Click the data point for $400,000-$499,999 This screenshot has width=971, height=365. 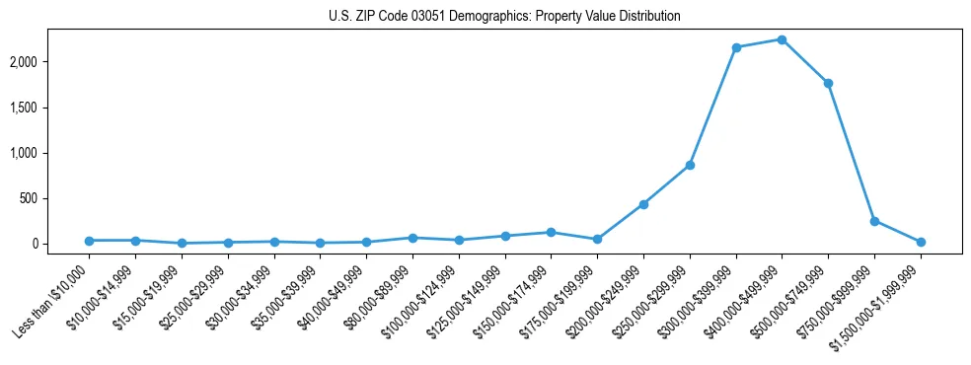click(782, 39)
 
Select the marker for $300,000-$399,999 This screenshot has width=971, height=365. click(736, 47)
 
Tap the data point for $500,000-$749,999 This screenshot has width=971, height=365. click(828, 83)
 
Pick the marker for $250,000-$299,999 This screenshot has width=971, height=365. click(690, 165)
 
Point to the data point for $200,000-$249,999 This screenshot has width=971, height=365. click(643, 204)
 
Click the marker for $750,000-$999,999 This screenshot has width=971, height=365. click(874, 221)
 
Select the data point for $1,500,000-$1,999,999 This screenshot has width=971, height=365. click(921, 242)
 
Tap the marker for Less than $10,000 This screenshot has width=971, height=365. click(89, 241)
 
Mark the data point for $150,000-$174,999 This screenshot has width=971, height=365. click(551, 232)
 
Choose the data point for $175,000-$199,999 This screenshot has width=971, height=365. click(597, 239)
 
